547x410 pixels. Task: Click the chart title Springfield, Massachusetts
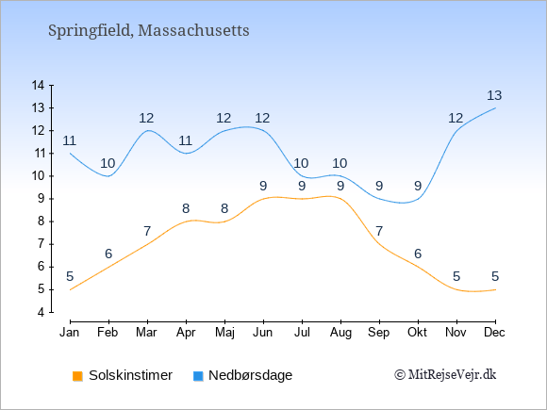click(149, 31)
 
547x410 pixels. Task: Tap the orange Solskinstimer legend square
click(77, 376)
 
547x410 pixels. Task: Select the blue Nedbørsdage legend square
click(198, 376)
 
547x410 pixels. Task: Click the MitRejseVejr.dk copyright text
click(445, 375)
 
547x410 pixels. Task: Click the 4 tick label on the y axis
click(41, 312)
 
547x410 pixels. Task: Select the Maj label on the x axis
click(224, 333)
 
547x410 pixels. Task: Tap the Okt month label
click(417, 333)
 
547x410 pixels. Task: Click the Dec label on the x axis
click(495, 333)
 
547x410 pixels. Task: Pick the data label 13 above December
click(494, 95)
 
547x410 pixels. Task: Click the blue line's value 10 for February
click(108, 163)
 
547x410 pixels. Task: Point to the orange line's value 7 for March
click(147, 231)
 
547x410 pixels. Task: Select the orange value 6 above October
click(418, 254)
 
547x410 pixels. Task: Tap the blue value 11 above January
click(70, 140)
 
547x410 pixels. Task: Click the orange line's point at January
click(70, 289)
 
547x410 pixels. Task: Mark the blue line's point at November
click(456, 131)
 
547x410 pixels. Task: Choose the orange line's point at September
click(379, 244)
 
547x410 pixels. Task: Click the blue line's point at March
click(147, 131)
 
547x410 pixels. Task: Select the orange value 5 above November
click(456, 276)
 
